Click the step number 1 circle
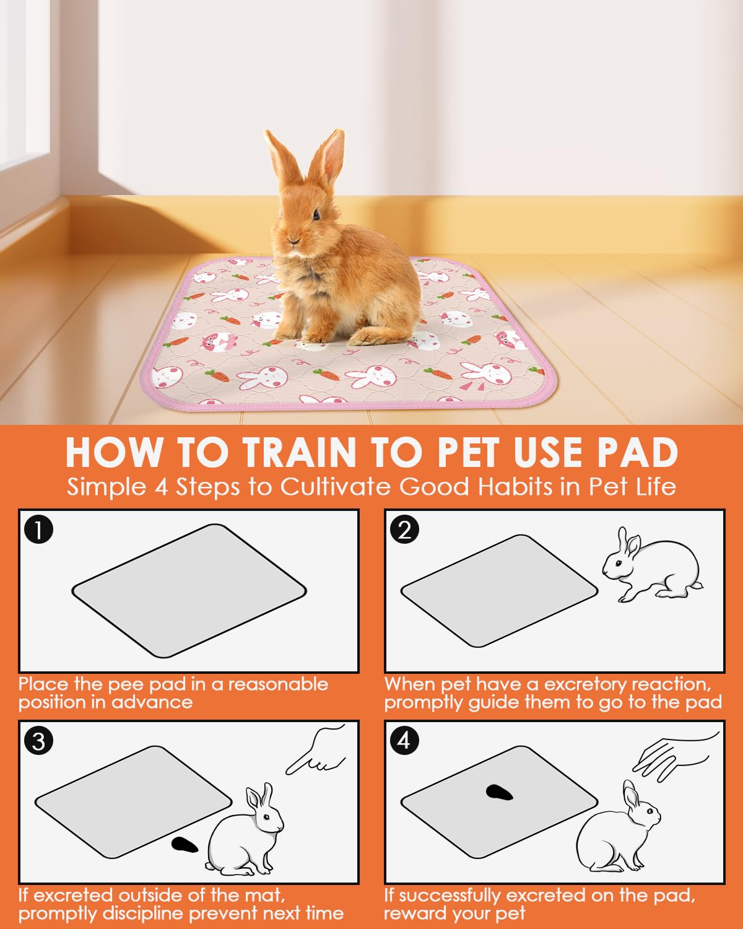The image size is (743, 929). [38, 531]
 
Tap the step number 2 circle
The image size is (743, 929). [404, 531]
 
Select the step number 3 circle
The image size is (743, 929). [38, 741]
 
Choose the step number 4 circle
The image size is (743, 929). [404, 741]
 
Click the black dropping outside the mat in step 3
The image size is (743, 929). [184, 844]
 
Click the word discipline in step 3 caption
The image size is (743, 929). [144, 913]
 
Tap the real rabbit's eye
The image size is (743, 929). [316, 215]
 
